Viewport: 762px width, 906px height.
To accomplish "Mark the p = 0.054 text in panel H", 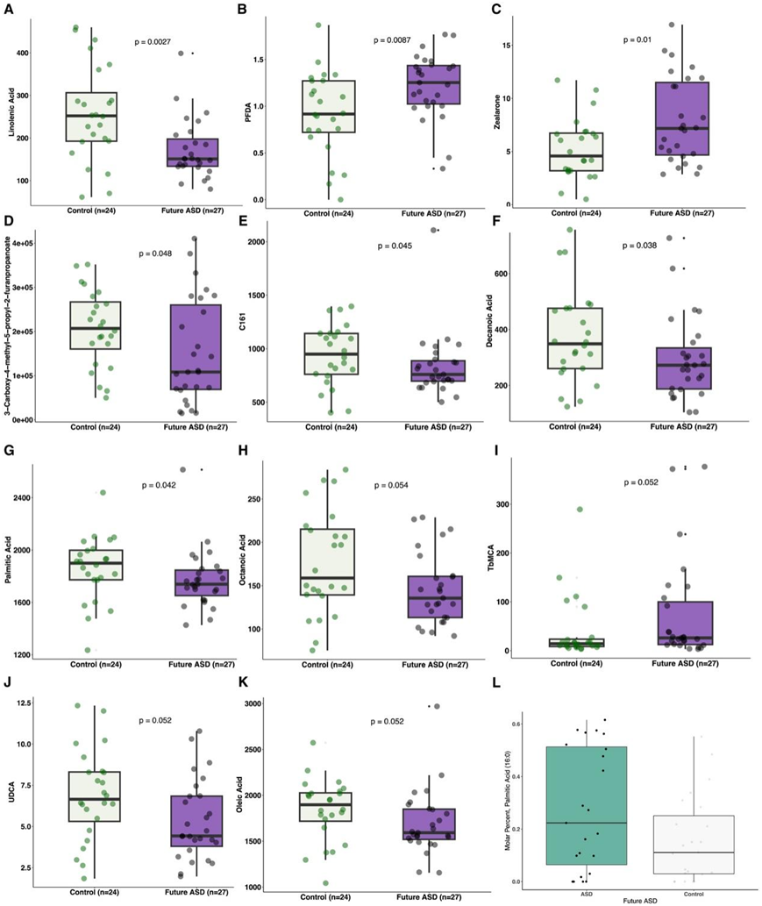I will click(392, 485).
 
